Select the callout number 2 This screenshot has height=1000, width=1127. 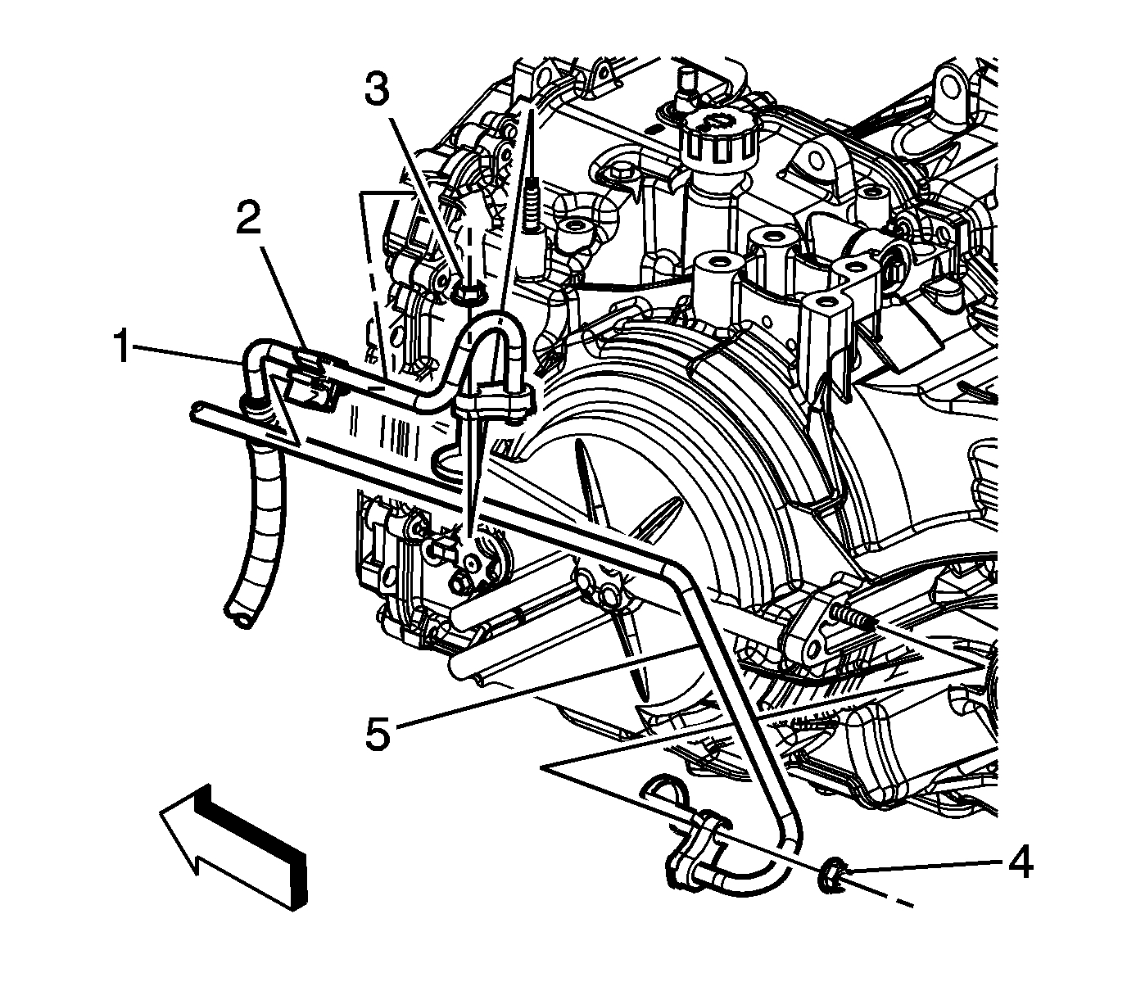pos(249,219)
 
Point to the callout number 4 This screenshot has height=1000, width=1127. pos(1018,862)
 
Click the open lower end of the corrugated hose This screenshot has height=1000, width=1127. pos(242,618)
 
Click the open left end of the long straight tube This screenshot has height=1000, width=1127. pos(199,410)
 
